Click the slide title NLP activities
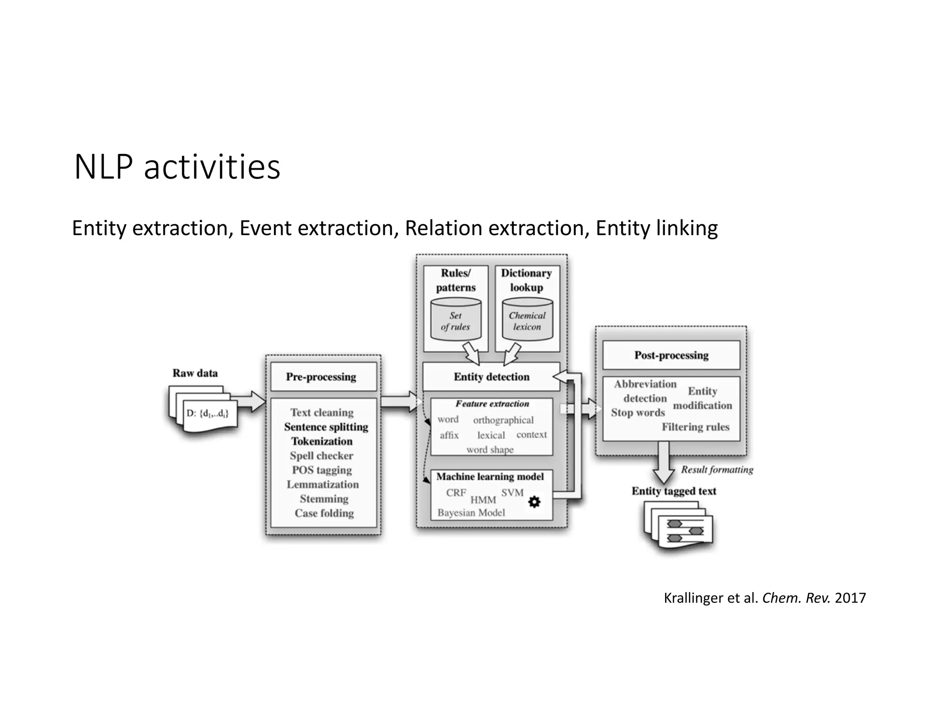pyautogui.click(x=177, y=167)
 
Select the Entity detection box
pyautogui.click(x=491, y=377)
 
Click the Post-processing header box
pyautogui.click(x=671, y=355)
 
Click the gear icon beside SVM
pyautogui.click(x=534, y=502)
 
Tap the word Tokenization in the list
pyautogui.click(x=322, y=441)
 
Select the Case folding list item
pyautogui.click(x=324, y=513)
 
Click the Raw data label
pyautogui.click(x=195, y=373)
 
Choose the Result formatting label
pyautogui.click(x=717, y=470)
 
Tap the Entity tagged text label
pyautogui.click(x=674, y=491)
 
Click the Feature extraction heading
pyautogui.click(x=492, y=404)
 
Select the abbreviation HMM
pyautogui.click(x=483, y=500)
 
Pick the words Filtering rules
pyautogui.click(x=695, y=427)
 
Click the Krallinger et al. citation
pyautogui.click(x=764, y=598)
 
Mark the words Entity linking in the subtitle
pyautogui.click(x=656, y=228)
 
